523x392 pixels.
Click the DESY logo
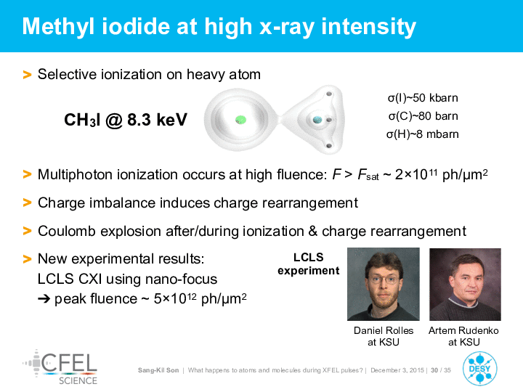click(x=479, y=368)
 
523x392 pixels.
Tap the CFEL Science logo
click(x=60, y=367)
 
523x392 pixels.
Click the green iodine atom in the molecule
click(x=240, y=120)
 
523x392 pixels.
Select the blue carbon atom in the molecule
click(x=317, y=119)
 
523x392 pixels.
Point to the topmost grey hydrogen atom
click(x=329, y=94)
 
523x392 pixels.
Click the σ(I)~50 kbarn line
click(x=423, y=98)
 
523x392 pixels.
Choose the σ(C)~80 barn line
click(x=423, y=116)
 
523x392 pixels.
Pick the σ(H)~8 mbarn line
click(x=423, y=134)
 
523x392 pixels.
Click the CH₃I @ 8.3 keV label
click(x=126, y=120)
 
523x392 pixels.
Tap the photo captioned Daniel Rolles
click(x=384, y=284)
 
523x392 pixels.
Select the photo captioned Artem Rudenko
click(x=465, y=285)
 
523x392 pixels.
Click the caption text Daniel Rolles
click(x=384, y=330)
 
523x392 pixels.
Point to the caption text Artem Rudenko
click(x=463, y=330)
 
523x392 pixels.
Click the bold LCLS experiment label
click(x=309, y=264)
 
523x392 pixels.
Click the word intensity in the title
click(x=369, y=27)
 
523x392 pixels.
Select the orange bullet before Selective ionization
click(x=27, y=74)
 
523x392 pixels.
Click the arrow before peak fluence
click(x=44, y=299)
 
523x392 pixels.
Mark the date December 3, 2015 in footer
click(x=397, y=370)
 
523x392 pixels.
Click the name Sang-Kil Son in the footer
click(x=158, y=370)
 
